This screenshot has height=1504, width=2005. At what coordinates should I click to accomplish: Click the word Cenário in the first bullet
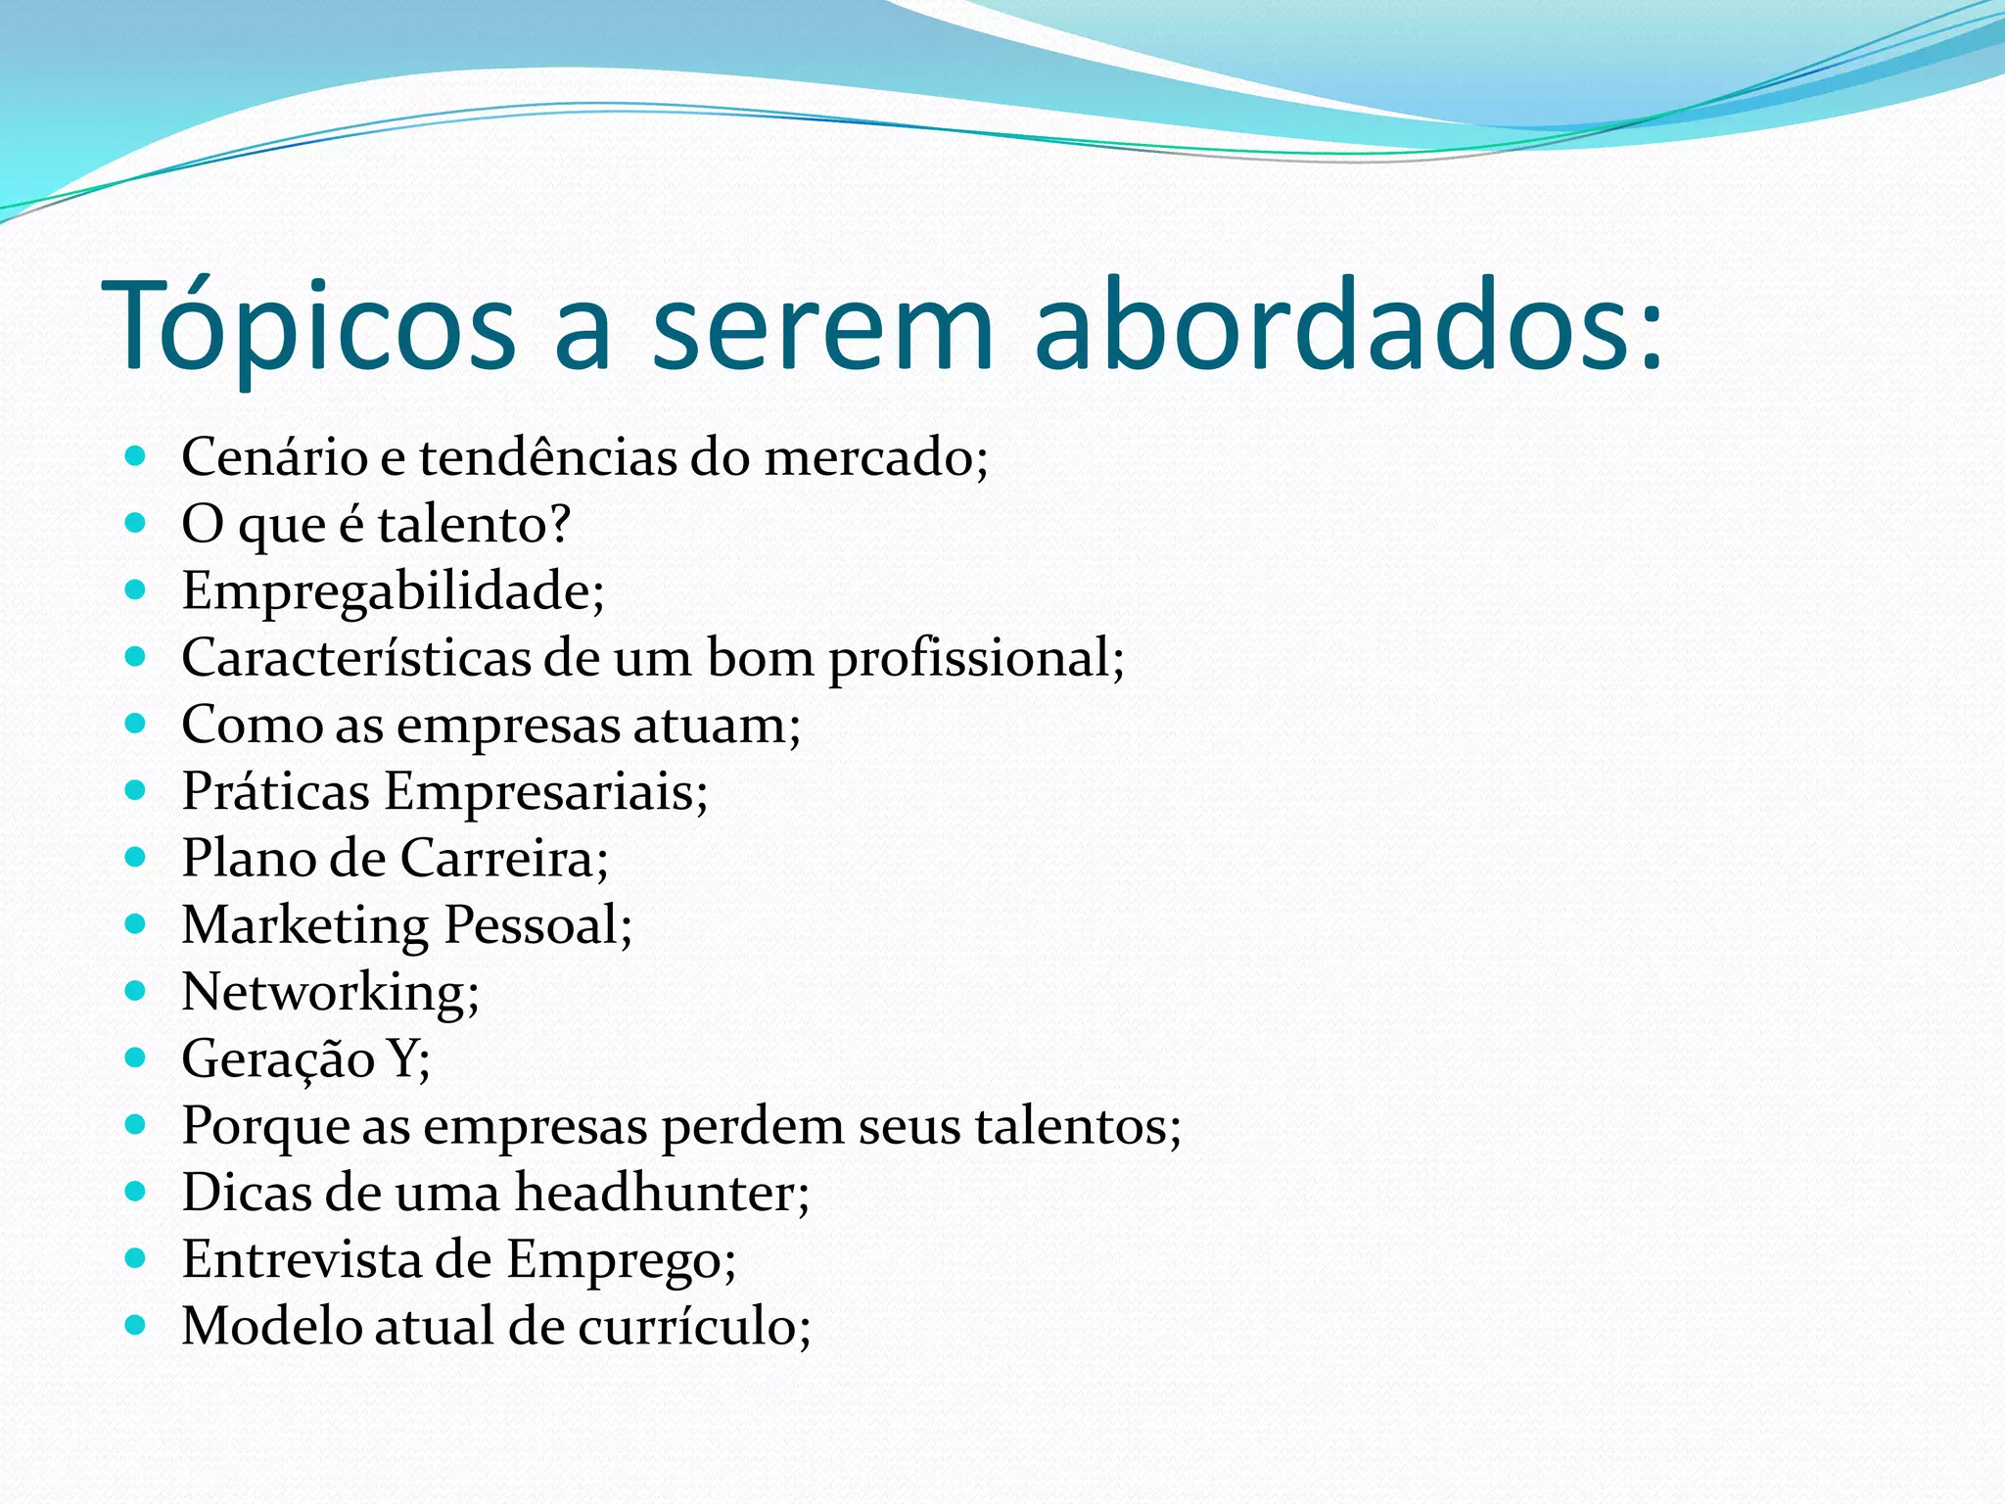coord(274,457)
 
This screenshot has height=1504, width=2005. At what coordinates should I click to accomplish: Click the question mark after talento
coord(559,523)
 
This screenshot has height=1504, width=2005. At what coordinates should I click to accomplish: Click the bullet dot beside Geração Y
coord(136,1057)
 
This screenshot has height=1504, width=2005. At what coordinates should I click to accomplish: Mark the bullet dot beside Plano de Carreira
coord(136,857)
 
